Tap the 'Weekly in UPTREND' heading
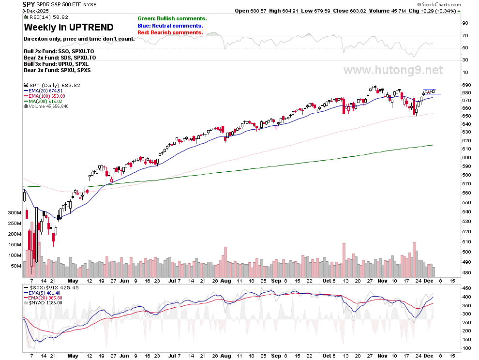point(69,27)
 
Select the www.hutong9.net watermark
point(393,70)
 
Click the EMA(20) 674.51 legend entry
point(47,90)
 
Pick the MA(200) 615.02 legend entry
point(47,101)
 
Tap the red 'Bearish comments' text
point(170,32)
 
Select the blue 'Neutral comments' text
point(170,26)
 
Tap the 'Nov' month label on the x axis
point(382,281)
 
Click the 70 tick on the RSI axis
point(464,35)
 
